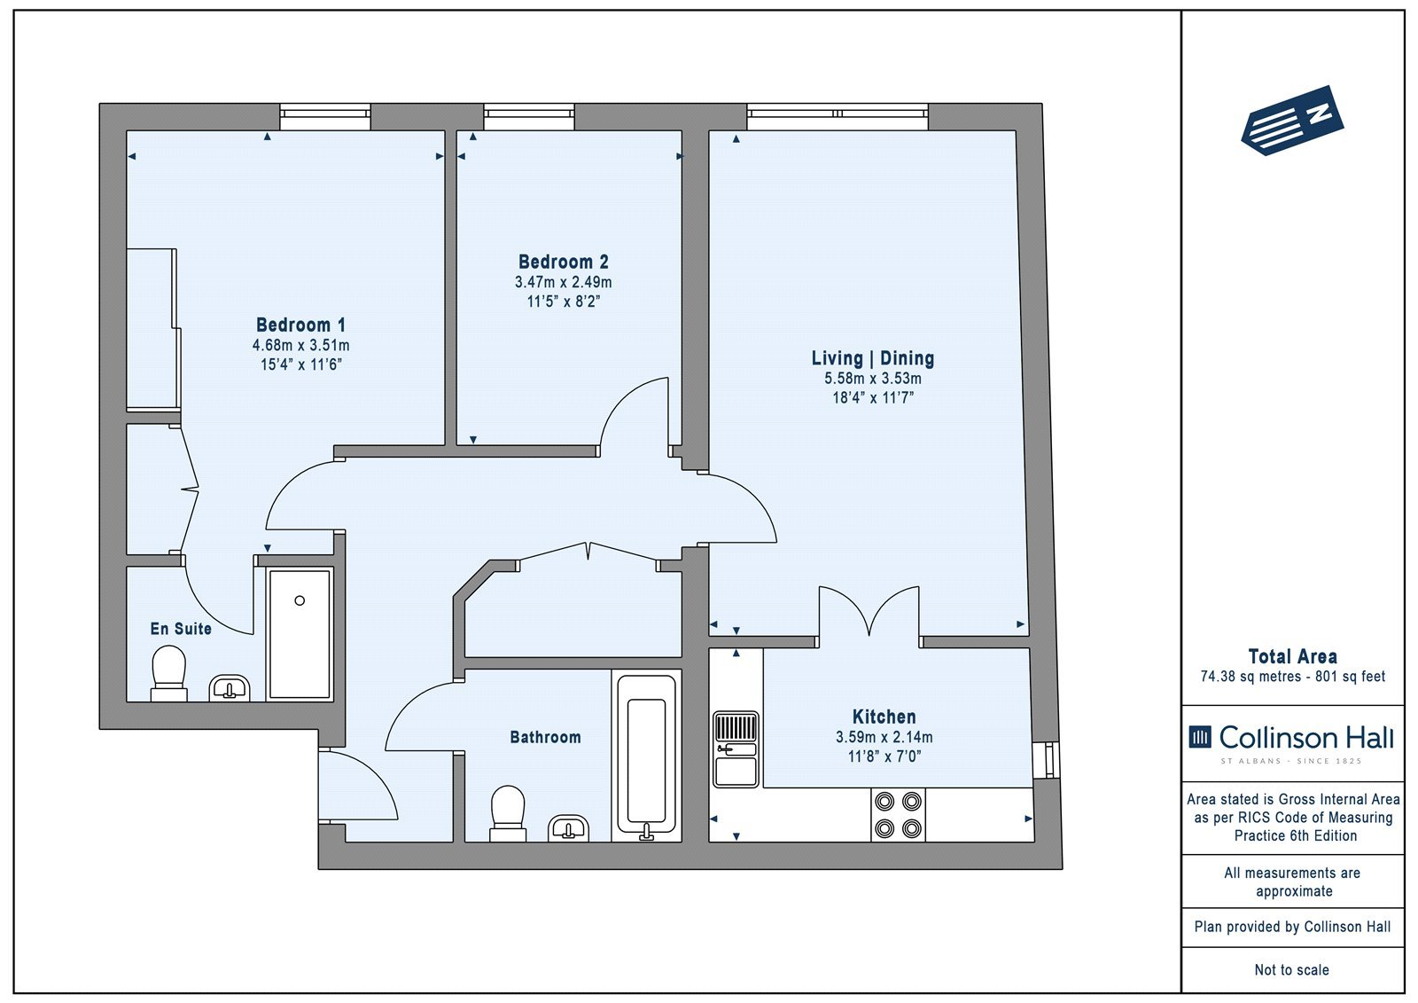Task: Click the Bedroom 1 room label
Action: pyautogui.click(x=300, y=325)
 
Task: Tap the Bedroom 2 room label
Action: pyautogui.click(x=564, y=262)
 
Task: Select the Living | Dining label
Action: pyautogui.click(x=873, y=358)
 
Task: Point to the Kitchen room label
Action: pyautogui.click(x=884, y=717)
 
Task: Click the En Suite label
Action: pyautogui.click(x=181, y=629)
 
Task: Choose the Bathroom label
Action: pyautogui.click(x=545, y=737)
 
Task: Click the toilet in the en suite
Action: pyautogui.click(x=169, y=673)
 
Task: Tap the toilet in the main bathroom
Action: pyautogui.click(x=508, y=813)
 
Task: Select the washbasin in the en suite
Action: pyautogui.click(x=230, y=687)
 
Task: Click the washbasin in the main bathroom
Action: pyautogui.click(x=568, y=827)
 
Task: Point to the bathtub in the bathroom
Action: pyautogui.click(x=646, y=757)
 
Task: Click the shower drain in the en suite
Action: pyautogui.click(x=300, y=600)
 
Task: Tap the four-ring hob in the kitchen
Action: pyautogui.click(x=898, y=815)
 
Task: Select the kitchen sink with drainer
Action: pyautogui.click(x=736, y=748)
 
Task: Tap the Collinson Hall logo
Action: pyautogui.click(x=1291, y=742)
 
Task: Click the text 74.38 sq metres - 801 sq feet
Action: pyautogui.click(x=1293, y=677)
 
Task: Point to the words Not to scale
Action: pyautogui.click(x=1292, y=970)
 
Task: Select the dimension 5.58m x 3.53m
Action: pyautogui.click(x=873, y=379)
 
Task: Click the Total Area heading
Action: pyautogui.click(x=1293, y=656)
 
